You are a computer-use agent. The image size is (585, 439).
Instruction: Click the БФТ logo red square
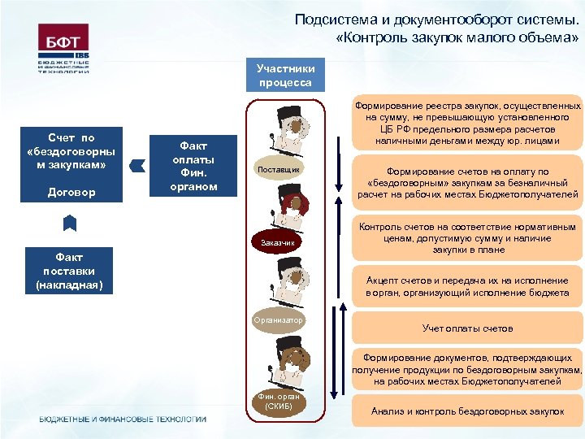coord(64,38)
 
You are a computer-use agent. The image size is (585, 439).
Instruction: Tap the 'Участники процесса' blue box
coord(285,76)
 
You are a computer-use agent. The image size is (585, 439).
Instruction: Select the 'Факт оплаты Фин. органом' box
coord(193,165)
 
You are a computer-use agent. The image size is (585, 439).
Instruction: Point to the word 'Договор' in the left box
coord(71,193)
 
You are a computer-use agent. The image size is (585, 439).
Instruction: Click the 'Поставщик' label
coord(279,169)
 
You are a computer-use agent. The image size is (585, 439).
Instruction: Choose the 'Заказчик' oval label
coord(279,242)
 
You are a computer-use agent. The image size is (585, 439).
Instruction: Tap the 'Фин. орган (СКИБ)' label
coord(279,401)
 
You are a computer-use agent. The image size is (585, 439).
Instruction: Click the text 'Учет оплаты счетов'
coord(467,328)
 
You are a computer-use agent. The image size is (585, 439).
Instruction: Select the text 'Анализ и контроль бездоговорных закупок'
coord(467,411)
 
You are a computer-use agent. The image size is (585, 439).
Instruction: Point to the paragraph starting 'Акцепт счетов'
coord(467,286)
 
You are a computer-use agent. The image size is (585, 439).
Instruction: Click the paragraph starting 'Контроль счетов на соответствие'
coord(467,239)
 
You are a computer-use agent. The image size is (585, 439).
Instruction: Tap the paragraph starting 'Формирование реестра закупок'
coord(467,123)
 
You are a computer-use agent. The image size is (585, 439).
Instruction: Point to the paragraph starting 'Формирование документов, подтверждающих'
coord(467,369)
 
